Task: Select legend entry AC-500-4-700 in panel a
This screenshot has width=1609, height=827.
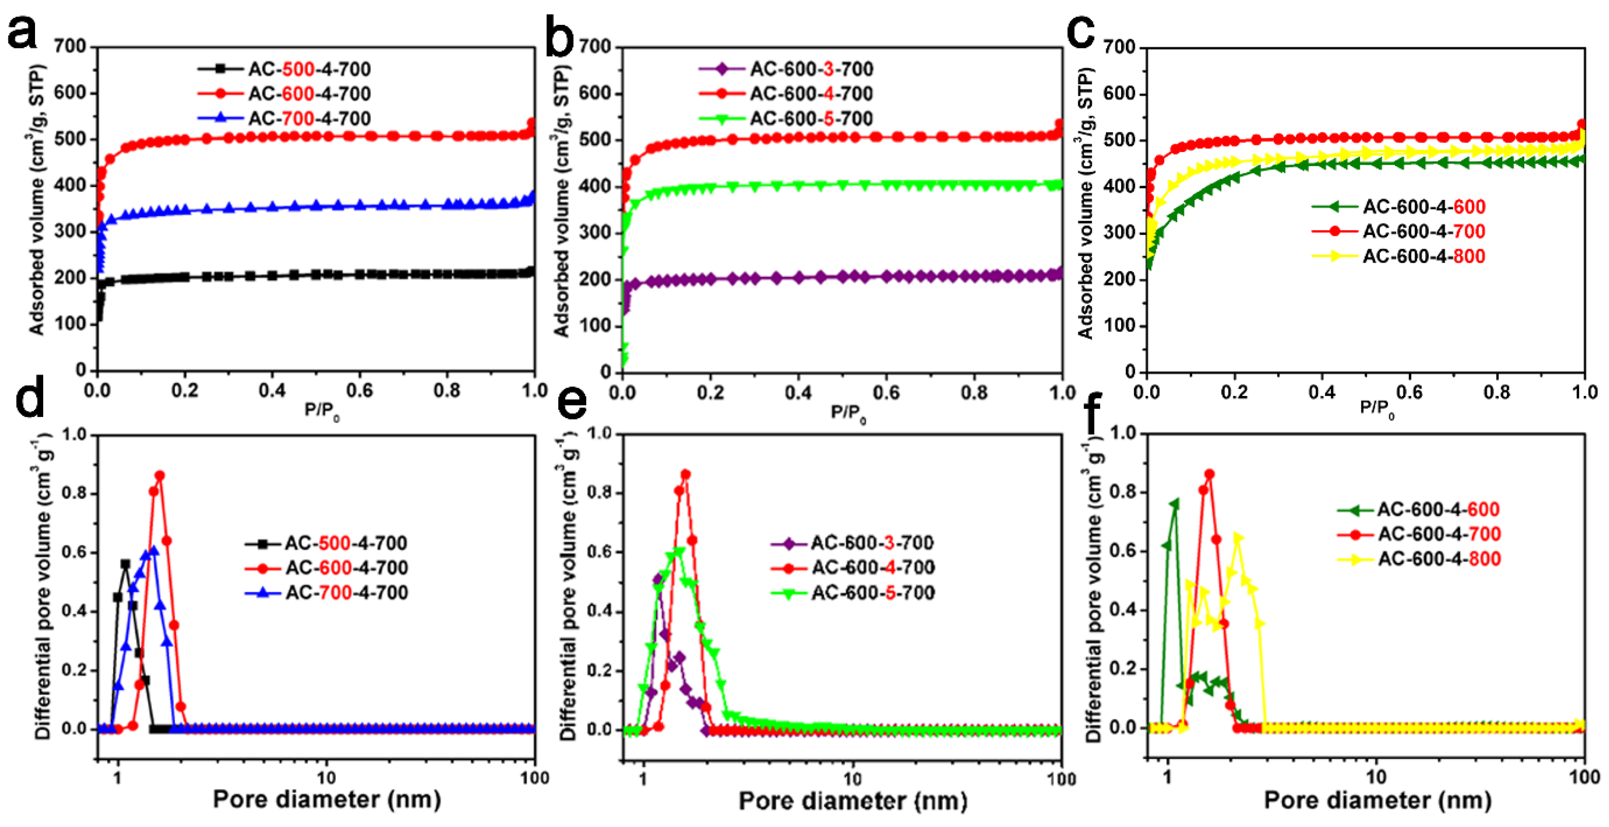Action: pos(309,69)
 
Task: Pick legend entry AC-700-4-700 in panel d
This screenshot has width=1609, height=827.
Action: pos(347,592)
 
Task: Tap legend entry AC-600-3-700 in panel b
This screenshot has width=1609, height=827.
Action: pos(811,69)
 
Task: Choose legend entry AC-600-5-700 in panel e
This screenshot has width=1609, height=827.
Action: pos(873,592)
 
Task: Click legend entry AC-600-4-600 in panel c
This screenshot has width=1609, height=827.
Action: pos(1423,206)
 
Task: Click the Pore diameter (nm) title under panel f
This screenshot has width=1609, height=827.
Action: pos(1377,800)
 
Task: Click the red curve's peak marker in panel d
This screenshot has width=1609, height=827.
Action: pos(160,476)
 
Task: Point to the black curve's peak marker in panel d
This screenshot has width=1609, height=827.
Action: pos(126,564)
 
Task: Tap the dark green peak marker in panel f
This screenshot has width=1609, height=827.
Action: pos(1174,503)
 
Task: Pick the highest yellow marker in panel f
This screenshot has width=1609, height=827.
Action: pos(1238,538)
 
